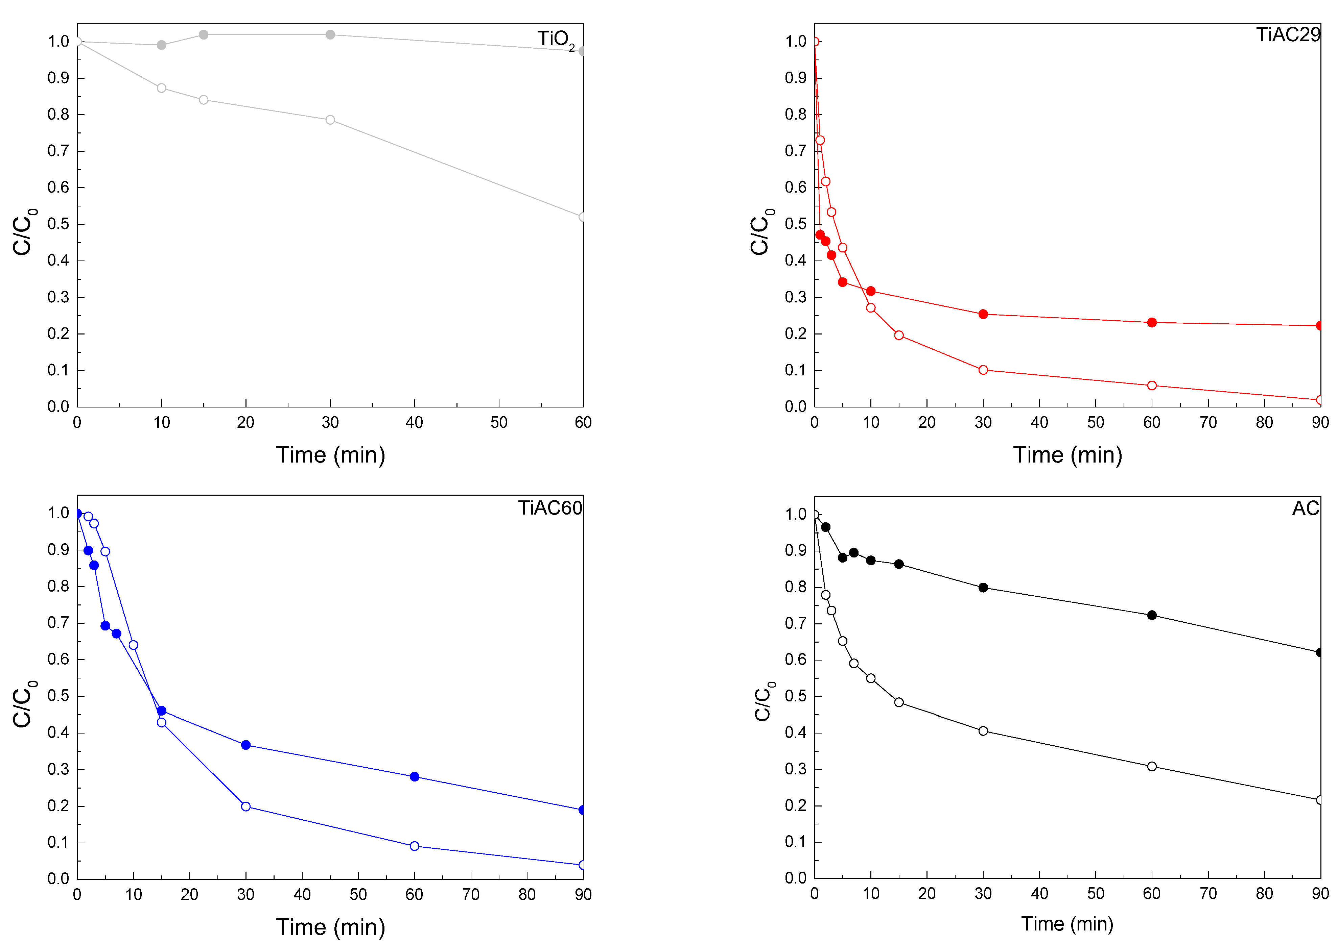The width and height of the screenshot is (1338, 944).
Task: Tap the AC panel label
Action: pos(1305,508)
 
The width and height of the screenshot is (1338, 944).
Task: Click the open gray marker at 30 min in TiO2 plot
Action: pos(330,120)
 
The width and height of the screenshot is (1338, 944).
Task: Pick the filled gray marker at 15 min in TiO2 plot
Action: pos(203,35)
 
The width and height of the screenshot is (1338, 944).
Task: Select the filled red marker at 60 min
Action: pos(1152,323)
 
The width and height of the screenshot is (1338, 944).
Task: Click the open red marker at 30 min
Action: pos(983,370)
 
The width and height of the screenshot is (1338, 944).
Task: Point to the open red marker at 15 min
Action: pos(899,336)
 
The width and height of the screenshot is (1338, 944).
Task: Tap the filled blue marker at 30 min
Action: pos(246,745)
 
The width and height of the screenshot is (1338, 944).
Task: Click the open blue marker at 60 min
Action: pos(414,846)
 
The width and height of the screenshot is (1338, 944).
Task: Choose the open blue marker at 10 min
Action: pos(134,645)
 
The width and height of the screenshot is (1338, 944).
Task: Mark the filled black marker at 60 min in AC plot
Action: pos(1152,615)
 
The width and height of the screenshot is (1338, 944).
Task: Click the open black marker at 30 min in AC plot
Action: pos(983,731)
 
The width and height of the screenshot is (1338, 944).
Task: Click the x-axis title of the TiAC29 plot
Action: pos(1067,455)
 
